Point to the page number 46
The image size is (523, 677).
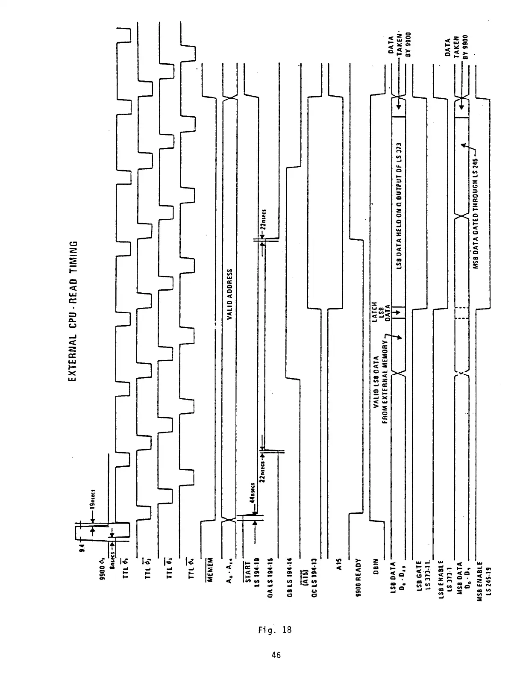276,654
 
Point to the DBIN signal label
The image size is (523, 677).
376,566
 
